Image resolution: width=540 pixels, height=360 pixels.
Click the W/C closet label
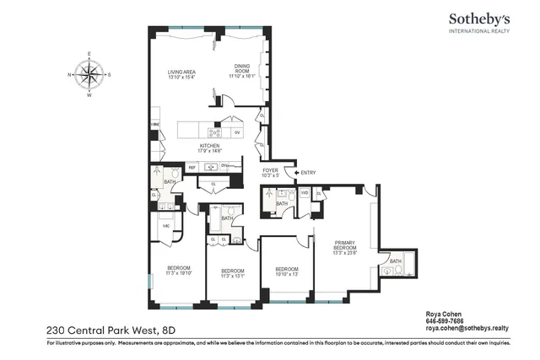click(x=165, y=226)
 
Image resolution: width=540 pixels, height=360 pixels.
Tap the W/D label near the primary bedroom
click(x=305, y=192)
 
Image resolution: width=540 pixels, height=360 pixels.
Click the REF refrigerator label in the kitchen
click(x=192, y=167)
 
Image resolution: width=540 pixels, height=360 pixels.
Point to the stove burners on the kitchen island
click(x=215, y=132)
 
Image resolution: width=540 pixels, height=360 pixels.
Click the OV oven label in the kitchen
click(x=237, y=132)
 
